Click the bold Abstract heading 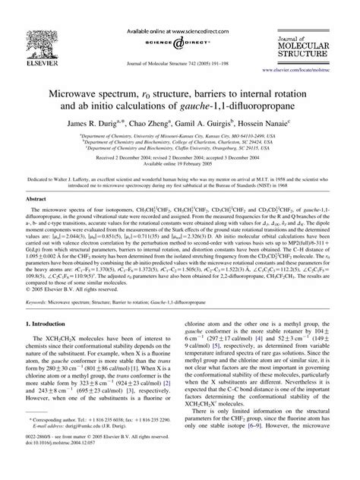[41, 218]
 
